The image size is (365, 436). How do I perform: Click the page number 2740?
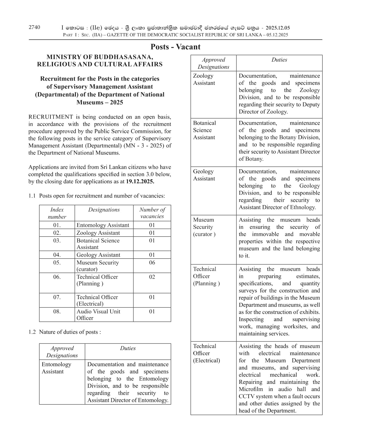tap(34, 27)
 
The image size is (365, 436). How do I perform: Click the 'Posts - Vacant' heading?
tap(175, 47)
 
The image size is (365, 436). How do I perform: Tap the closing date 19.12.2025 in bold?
tap(140, 181)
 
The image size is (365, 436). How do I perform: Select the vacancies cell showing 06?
tap(152, 263)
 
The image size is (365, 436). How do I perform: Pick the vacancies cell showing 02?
tap(152, 277)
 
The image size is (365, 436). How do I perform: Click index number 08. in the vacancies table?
tap(57, 311)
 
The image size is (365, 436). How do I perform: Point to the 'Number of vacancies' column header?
tap(152, 213)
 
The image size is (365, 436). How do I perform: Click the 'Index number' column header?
tap(57, 213)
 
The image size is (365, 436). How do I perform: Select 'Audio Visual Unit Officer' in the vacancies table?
tap(98, 315)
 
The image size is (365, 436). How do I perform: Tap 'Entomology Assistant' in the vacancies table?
tap(103, 225)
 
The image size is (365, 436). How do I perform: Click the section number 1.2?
tap(32, 332)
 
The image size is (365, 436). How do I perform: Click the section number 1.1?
tap(32, 196)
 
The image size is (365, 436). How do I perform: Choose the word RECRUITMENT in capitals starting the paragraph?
tap(51, 117)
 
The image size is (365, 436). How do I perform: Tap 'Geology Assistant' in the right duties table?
tap(204, 175)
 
